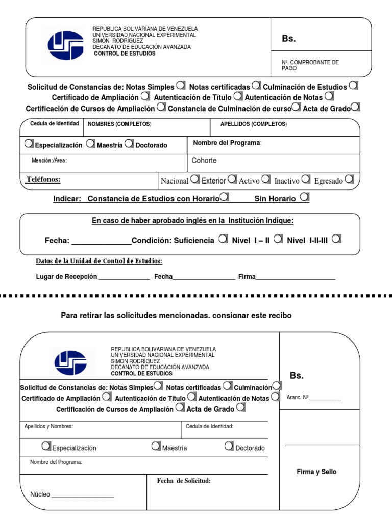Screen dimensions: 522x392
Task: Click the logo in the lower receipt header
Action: coord(70,363)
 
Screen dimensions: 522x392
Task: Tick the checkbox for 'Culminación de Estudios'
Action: coord(353,86)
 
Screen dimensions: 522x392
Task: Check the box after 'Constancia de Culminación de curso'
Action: coord(296,107)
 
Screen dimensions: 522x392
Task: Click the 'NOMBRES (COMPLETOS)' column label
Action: coord(119,124)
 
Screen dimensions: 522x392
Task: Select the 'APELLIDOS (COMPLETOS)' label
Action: coord(253,124)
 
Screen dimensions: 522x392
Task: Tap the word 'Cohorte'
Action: coord(204,161)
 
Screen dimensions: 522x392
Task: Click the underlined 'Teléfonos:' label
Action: coord(43,179)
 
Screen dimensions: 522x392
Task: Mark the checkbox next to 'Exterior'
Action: coord(232,179)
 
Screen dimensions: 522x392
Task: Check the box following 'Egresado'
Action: coord(349,179)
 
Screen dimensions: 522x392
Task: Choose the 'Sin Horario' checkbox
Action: coord(305,197)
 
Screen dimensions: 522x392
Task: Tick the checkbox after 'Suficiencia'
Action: coord(223,239)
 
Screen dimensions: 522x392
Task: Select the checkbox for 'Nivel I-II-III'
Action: coord(336,239)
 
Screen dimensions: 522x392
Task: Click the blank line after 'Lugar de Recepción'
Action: coord(124,278)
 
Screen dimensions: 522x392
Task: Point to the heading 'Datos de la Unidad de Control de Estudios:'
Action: coord(99,261)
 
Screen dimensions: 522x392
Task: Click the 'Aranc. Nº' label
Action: coord(299,398)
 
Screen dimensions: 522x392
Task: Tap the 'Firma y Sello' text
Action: coord(316,472)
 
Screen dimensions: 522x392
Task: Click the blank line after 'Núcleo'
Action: coord(83,495)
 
